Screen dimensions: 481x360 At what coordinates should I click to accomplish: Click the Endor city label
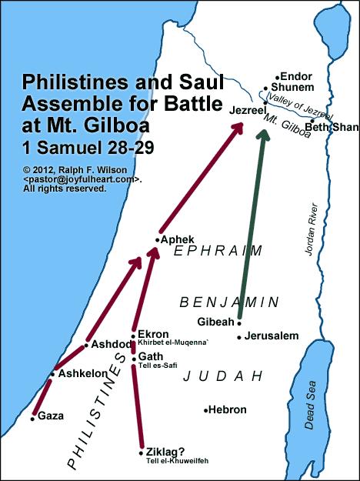click(297, 77)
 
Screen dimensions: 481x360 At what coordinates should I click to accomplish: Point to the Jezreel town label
click(247, 112)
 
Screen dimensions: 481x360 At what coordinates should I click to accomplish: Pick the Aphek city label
click(178, 239)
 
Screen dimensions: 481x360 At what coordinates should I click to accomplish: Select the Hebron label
click(227, 410)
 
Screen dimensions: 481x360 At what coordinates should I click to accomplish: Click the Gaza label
click(51, 416)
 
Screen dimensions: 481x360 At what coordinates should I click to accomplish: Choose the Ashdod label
click(111, 344)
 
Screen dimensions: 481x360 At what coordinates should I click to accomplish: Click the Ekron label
click(153, 334)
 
